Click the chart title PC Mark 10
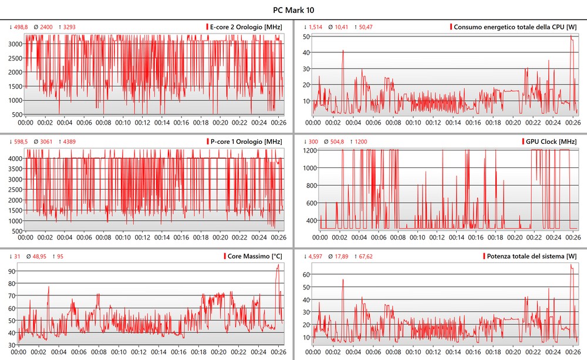click(293, 10)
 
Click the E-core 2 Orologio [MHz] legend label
click(246, 27)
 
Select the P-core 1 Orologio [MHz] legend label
click(246, 142)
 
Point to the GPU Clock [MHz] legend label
click(549, 142)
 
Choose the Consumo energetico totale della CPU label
click(515, 27)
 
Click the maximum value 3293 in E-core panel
click(69, 27)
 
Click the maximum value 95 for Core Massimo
click(59, 256)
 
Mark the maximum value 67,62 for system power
click(365, 256)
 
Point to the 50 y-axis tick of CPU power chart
click(306, 36)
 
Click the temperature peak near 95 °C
click(278, 265)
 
